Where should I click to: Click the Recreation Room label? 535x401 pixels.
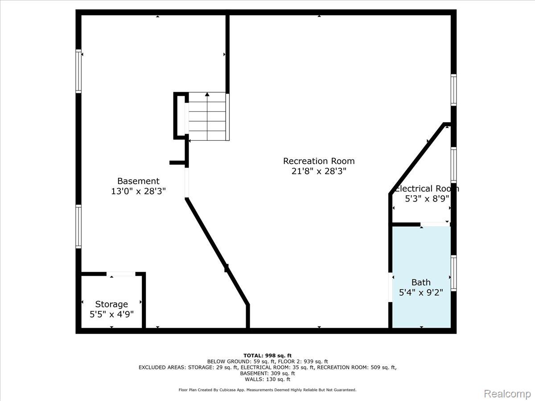[x=319, y=161]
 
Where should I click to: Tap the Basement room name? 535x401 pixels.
[x=138, y=181]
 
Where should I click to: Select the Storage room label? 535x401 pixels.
[x=111, y=304]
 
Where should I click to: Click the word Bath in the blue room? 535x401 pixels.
[x=421, y=282]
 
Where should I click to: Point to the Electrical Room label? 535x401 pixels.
[x=426, y=188]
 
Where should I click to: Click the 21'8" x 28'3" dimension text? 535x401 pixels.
[x=319, y=172]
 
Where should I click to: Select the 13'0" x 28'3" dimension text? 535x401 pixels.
[x=138, y=192]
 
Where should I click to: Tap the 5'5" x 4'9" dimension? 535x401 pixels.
[x=111, y=315]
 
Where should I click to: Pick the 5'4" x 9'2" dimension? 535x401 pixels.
[x=421, y=292]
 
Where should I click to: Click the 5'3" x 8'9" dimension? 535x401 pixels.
[x=427, y=199]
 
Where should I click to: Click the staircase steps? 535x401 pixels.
[x=207, y=116]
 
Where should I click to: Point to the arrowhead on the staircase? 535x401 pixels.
[x=207, y=94]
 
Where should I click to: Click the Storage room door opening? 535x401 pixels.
[x=121, y=274]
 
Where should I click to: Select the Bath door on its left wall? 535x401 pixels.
[x=390, y=287]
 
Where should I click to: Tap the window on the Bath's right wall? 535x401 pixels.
[x=453, y=273]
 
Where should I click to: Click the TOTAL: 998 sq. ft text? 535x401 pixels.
[x=267, y=356]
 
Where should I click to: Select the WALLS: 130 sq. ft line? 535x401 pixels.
[x=267, y=379]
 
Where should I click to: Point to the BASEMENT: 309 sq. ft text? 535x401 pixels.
[x=267, y=373]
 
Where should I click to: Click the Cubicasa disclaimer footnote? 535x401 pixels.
[x=267, y=390]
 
